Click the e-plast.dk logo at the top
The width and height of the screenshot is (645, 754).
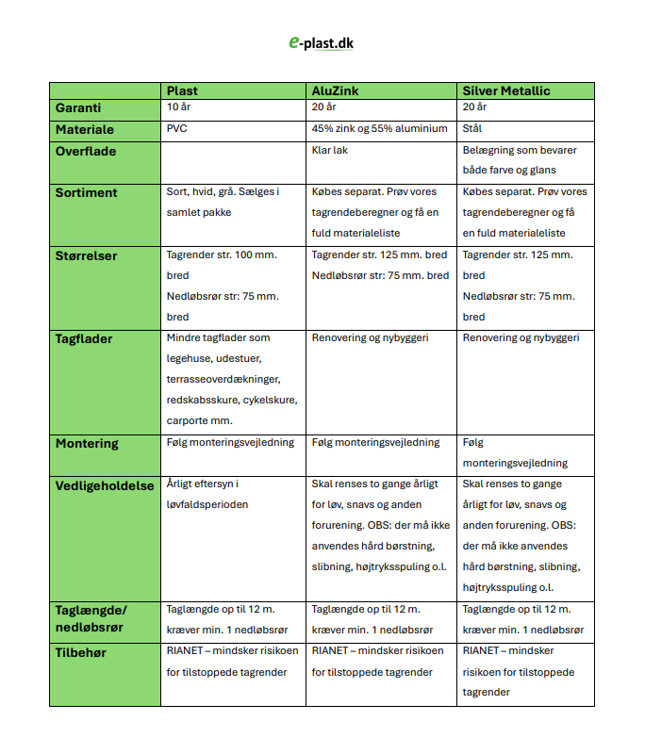pyautogui.click(x=322, y=42)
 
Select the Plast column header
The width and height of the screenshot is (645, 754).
pyautogui.click(x=183, y=90)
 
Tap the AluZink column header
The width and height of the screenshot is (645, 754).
pyautogui.click(x=334, y=90)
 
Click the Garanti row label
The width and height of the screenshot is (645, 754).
pyautogui.click(x=78, y=108)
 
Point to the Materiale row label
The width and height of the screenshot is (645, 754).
pyautogui.click(x=85, y=129)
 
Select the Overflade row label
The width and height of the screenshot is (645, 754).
pyautogui.click(x=86, y=151)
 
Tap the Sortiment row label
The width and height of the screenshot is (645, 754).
pyautogui.click(x=87, y=192)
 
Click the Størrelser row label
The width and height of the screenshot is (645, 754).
pyautogui.click(x=87, y=255)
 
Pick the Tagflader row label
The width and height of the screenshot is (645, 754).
pyautogui.click(x=84, y=339)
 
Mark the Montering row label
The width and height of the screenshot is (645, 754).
pyautogui.click(x=87, y=443)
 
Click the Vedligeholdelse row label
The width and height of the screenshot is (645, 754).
pyautogui.click(x=105, y=485)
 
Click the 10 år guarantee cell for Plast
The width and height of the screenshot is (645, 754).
pyautogui.click(x=179, y=108)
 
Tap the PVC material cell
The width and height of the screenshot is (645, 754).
pyautogui.click(x=177, y=129)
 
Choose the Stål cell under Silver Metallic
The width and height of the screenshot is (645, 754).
pyautogui.click(x=472, y=129)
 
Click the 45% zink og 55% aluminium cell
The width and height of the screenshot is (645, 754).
pyautogui.click(x=379, y=129)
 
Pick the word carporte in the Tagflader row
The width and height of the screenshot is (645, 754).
pyautogui.click(x=188, y=421)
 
